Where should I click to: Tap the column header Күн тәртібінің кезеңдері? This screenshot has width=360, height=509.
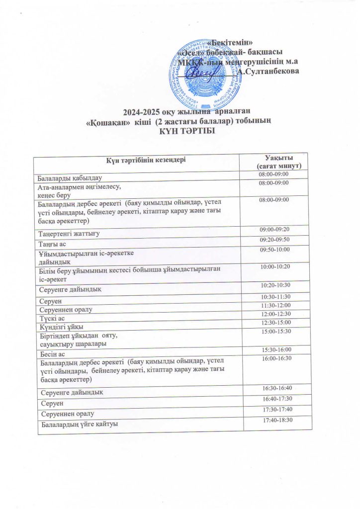(139, 160)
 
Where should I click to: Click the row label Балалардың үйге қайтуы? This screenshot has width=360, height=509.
(80, 424)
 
